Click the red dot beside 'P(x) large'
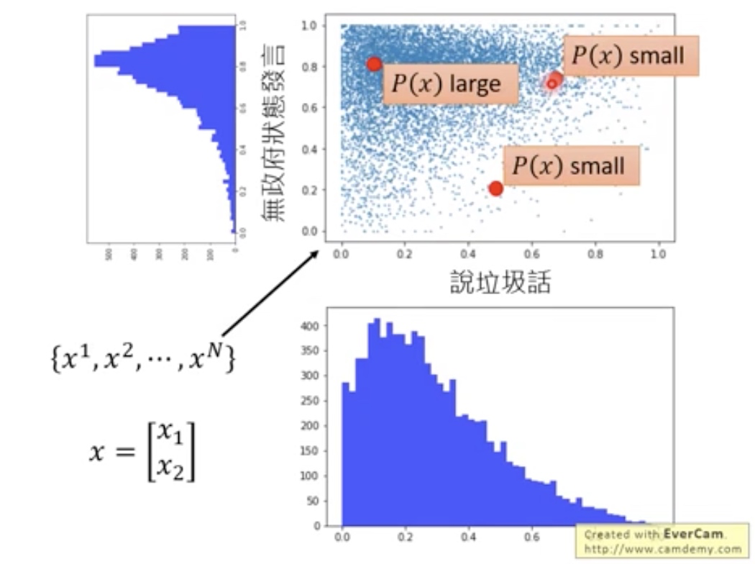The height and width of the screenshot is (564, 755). pos(374,64)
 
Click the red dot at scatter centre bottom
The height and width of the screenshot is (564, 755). pos(495,188)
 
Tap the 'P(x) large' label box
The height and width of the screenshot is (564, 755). pos(450,84)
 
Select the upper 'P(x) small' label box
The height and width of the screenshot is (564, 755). pos(631,55)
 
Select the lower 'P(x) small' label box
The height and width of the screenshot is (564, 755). pos(571,166)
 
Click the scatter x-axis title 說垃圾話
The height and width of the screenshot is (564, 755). pos(499,283)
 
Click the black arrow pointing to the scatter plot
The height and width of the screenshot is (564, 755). pos(270,293)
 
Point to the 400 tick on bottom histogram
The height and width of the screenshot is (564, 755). pos(310,326)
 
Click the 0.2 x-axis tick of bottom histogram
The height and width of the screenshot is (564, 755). pos(406,537)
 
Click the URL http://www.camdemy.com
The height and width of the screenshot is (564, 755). pos(662,549)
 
